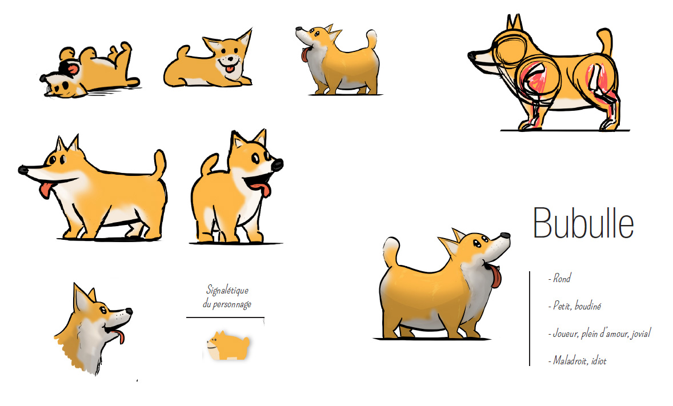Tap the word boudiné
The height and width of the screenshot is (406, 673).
click(587, 306)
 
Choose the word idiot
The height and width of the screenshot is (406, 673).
click(599, 360)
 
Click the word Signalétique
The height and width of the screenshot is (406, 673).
click(227, 291)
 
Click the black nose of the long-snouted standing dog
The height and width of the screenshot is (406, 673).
click(23, 170)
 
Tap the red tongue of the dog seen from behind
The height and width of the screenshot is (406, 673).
click(262, 189)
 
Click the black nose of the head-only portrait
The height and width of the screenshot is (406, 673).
click(129, 311)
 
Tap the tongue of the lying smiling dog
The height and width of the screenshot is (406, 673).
click(230, 69)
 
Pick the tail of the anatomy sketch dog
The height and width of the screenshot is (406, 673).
click(605, 42)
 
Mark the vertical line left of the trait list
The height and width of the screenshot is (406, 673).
click(530, 319)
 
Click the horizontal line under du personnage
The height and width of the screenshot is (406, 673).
click(225, 317)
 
